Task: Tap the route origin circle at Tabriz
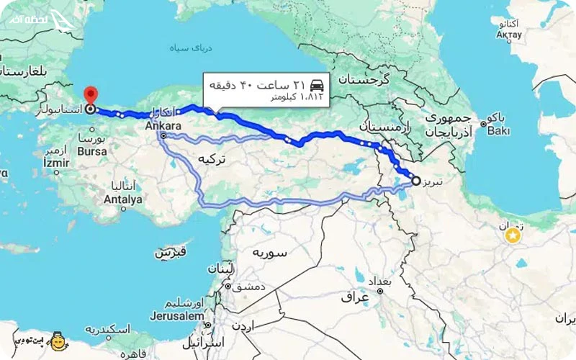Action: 416,181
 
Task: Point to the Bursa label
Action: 94,152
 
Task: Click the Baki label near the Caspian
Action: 498,131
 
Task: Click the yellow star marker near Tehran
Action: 513,235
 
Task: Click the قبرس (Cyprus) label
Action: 171,253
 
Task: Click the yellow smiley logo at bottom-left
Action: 58,341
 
